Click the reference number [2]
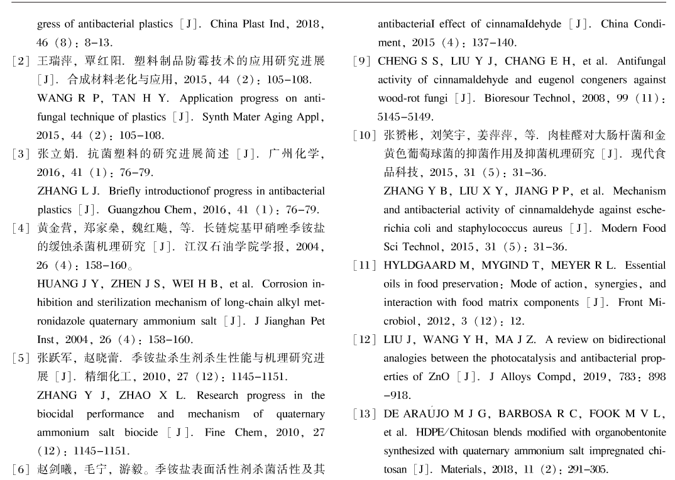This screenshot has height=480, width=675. [x=21, y=62]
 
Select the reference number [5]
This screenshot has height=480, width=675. [x=21, y=359]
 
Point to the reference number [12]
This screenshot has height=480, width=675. [x=366, y=340]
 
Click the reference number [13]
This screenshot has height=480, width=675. [x=366, y=414]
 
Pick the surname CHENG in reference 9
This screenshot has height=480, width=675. [x=397, y=62]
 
